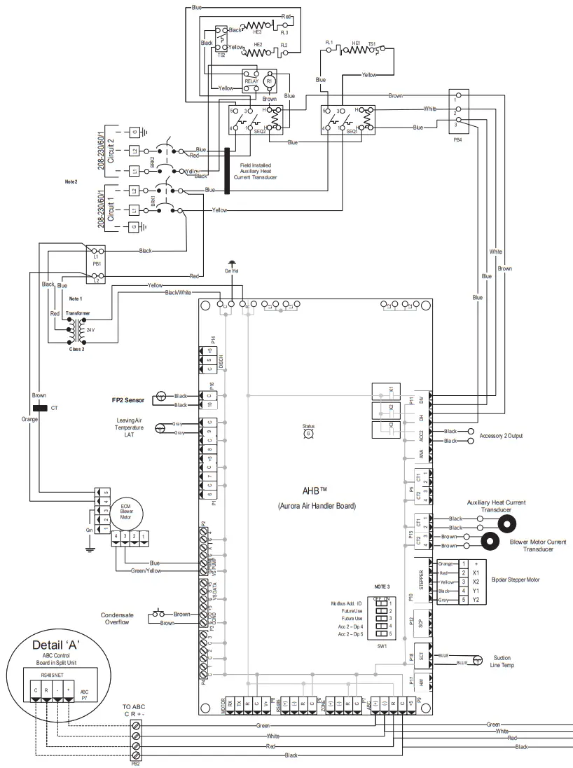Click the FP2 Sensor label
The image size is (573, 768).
point(128,400)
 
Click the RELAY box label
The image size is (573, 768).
point(251,82)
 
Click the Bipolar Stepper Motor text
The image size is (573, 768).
point(519,580)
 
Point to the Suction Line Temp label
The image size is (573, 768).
point(502,661)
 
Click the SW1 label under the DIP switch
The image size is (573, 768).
point(382,645)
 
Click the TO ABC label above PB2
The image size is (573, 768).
point(136,706)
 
